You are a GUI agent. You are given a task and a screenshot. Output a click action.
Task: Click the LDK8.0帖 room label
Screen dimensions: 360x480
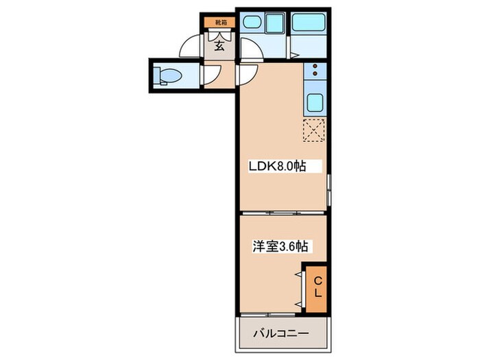[x=276, y=166]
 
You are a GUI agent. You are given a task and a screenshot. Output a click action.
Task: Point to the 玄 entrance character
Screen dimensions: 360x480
[x=219, y=47]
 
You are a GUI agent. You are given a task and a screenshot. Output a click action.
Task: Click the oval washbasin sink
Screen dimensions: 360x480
[x=251, y=23]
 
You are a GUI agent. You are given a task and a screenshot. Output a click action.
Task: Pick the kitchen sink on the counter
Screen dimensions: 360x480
[x=315, y=104]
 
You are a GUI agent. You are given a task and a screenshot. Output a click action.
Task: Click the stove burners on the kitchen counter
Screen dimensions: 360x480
[x=315, y=70]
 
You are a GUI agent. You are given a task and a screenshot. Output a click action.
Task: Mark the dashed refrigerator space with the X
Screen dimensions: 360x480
[x=314, y=130]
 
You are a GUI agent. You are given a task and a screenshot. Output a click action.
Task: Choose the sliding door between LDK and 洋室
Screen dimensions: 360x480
[x=282, y=211]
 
